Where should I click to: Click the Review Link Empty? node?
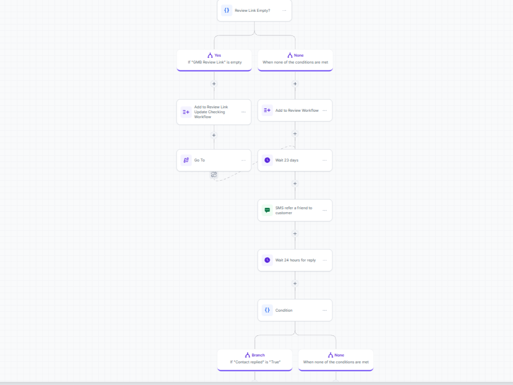coord(254,10)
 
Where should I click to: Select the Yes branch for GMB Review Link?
coord(214,60)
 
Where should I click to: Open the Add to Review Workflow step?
coord(295,111)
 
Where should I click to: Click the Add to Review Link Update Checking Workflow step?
coord(214,112)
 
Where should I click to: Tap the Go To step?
coord(214,160)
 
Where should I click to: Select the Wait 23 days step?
coord(295,160)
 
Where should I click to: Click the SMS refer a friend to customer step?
coord(295,211)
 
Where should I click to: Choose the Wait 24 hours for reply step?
coord(295,260)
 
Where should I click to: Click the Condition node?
coord(295,310)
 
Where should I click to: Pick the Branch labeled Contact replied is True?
coord(255,360)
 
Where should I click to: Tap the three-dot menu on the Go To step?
coord(243,160)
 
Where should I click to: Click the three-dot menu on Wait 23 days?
coord(325,160)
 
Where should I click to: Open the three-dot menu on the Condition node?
coord(325,310)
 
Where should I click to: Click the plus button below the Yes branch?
coord(214,84)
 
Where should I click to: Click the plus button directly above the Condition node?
coord(295,284)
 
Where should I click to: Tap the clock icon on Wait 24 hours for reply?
coord(267,260)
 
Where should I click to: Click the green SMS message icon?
coord(267,210)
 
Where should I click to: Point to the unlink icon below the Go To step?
coord(213,175)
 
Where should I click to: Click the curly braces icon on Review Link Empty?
coord(226,10)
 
